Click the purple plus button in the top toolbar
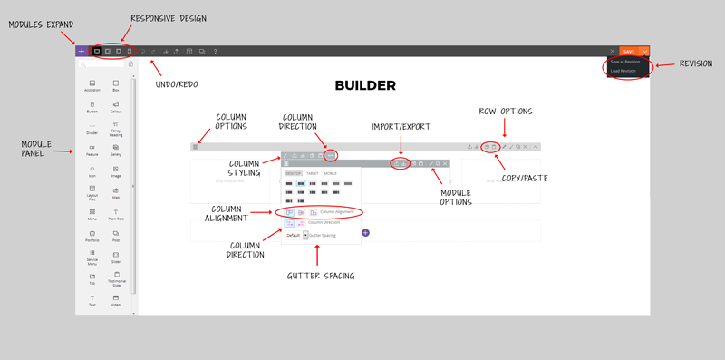point(82,52)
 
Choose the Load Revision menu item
point(623,70)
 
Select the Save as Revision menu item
point(625,62)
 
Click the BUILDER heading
point(365,85)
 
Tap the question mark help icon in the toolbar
point(215,52)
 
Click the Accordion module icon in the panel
point(92,84)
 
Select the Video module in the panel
point(116,299)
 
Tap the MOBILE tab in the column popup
point(330,173)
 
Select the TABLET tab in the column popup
point(312,173)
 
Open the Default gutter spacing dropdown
point(305,235)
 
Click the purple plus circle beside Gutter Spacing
point(365,233)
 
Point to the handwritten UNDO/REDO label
point(176,84)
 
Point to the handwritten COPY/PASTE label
point(525,178)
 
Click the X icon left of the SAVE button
point(613,52)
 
